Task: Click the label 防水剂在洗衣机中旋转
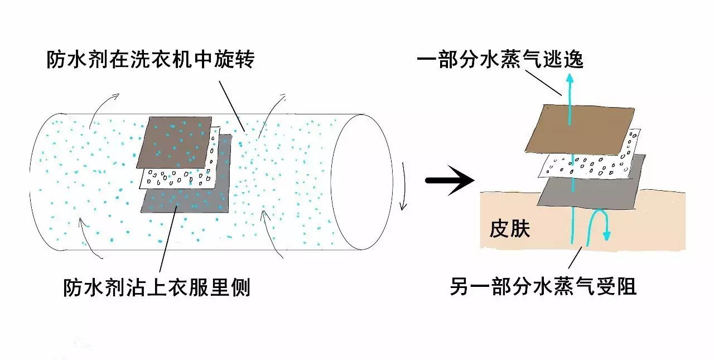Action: pos(150,59)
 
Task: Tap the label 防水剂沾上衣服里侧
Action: pos(156,288)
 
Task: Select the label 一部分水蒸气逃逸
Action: pos(500,58)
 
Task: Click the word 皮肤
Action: pos(509,229)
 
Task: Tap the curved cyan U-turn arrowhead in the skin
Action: pos(606,234)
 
